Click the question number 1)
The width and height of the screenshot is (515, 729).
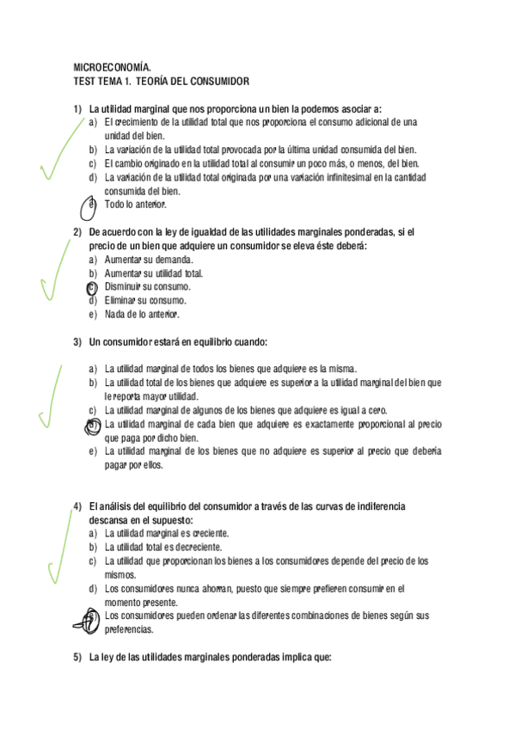click(x=77, y=108)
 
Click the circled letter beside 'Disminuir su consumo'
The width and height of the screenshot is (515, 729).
click(x=92, y=287)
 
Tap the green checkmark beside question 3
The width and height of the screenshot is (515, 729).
click(x=50, y=400)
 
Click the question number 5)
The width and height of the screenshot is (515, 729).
click(x=77, y=659)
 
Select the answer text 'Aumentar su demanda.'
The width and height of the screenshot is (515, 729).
click(x=149, y=260)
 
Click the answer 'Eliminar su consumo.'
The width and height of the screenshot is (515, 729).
click(x=145, y=301)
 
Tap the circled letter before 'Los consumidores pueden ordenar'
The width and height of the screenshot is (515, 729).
click(x=89, y=617)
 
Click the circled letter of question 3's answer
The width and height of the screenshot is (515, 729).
click(x=92, y=425)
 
